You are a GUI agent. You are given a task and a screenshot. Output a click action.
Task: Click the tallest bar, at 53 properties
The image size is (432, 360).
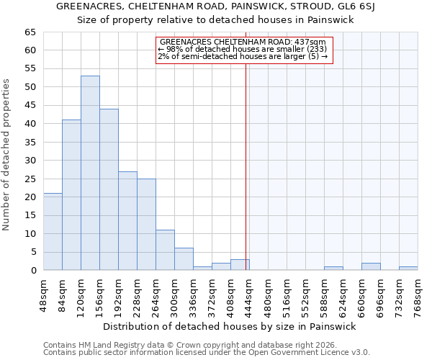[90, 173]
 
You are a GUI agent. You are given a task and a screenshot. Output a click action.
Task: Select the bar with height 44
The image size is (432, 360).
[109, 189]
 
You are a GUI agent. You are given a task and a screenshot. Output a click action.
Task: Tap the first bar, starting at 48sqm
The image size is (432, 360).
[53, 232]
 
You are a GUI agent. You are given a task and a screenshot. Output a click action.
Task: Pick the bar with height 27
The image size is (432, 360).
[127, 220]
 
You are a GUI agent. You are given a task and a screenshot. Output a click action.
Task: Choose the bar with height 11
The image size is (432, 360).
[165, 250]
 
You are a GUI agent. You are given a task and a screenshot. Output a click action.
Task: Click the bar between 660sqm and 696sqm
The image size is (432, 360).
[371, 266]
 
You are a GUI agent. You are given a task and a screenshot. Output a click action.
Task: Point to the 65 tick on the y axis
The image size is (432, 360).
[30, 32]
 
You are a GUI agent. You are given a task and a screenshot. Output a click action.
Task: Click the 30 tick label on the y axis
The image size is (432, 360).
[30, 161]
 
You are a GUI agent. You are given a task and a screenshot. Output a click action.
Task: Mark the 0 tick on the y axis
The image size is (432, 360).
[33, 271]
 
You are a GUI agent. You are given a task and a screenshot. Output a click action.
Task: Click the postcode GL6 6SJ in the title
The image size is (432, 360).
[366, 7]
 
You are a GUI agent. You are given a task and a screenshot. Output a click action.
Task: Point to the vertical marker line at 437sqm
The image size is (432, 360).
[246, 166]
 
